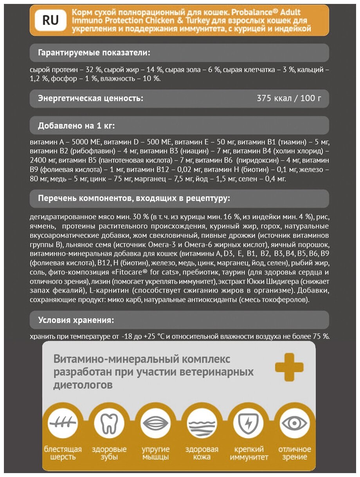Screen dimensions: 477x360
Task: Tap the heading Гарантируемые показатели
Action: [x=94, y=53]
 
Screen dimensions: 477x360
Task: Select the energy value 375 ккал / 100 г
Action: [x=289, y=98]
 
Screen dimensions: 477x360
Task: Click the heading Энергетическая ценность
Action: [x=90, y=98]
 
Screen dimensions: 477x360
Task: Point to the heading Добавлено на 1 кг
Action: [x=76, y=126]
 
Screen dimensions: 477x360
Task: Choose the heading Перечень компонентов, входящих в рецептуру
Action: [x=134, y=199]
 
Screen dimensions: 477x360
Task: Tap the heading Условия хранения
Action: [x=76, y=320]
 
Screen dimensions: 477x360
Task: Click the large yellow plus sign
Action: [x=289, y=367]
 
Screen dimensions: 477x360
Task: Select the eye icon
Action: [x=294, y=423]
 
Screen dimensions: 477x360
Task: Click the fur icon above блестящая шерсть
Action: [x=62, y=423]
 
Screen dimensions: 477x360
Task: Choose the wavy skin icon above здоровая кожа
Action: [x=202, y=423]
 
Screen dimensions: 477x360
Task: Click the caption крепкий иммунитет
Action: [x=249, y=453]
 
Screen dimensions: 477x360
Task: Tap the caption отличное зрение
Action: [x=294, y=453]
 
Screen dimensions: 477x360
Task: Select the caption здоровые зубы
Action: [x=109, y=453]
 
